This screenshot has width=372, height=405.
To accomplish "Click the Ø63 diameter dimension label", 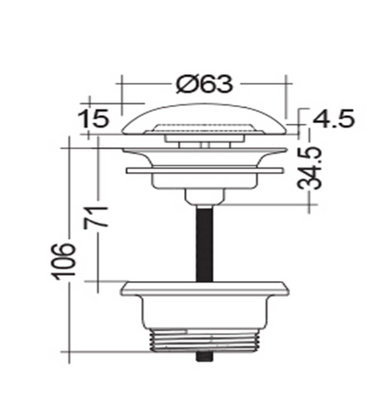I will click(205, 85).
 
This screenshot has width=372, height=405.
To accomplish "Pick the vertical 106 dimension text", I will click(61, 260).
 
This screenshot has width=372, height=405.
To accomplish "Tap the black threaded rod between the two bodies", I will click(204, 241).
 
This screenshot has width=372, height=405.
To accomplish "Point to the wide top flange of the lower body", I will click(204, 287).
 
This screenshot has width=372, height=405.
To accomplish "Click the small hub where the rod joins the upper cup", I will click(204, 194).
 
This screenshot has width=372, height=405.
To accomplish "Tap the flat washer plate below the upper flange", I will click(204, 167).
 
